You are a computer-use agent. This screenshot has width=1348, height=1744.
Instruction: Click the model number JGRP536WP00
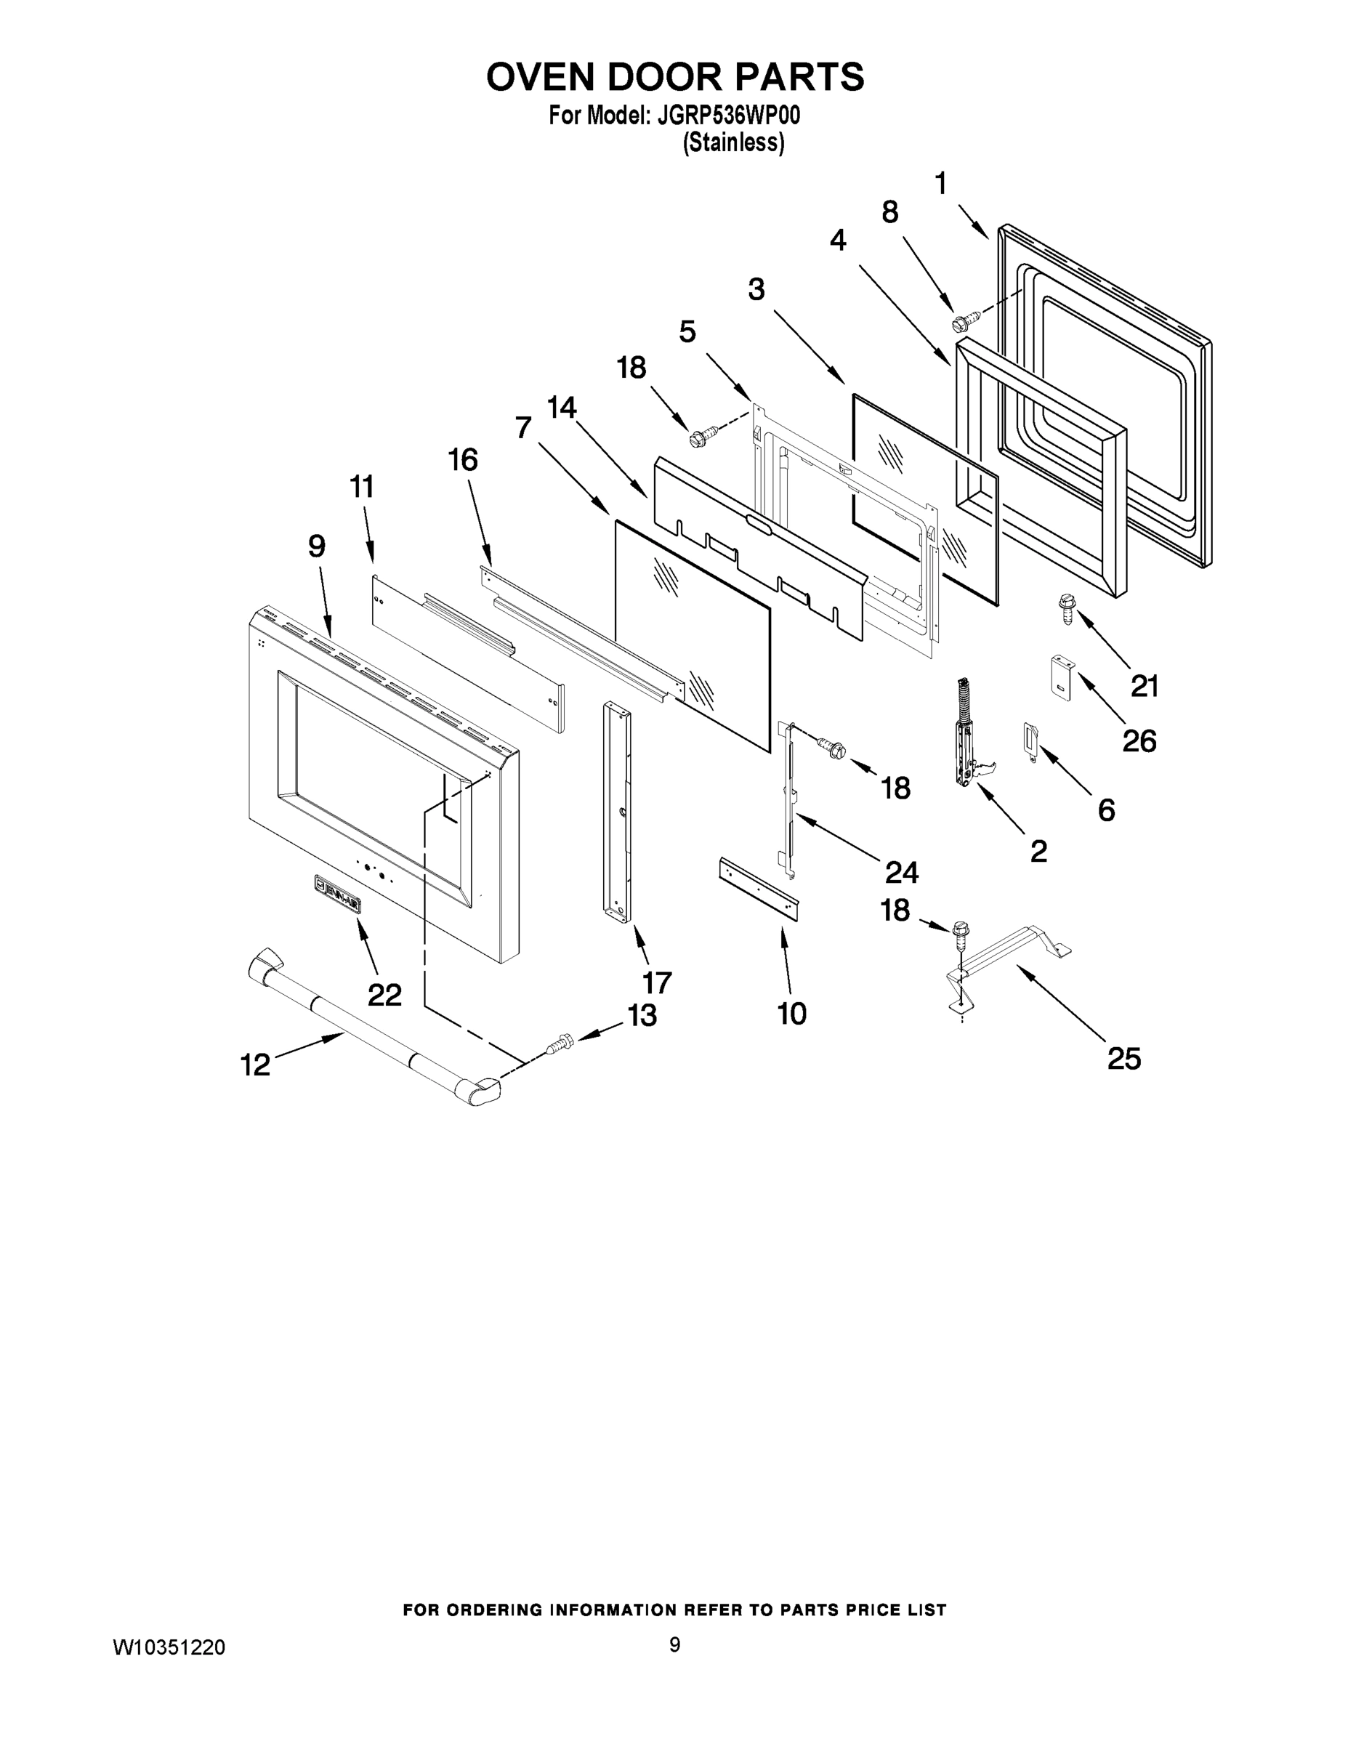coord(727,116)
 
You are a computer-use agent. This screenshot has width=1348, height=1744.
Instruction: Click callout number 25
coord(1123,1059)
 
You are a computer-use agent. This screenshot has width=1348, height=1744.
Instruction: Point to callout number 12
coord(256,1065)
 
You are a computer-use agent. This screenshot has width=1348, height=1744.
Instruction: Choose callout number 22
coord(384,994)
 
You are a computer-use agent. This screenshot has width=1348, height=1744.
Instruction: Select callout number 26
coord(1139,741)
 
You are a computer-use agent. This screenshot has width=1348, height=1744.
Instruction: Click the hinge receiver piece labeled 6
coord(1030,740)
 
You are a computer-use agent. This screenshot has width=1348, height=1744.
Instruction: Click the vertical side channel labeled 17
coord(617,810)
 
